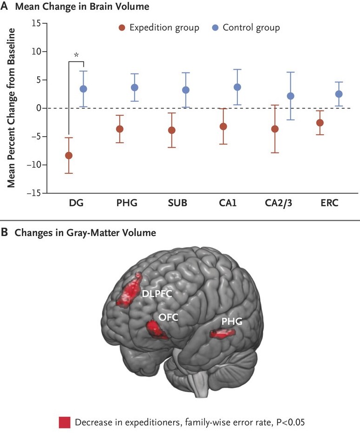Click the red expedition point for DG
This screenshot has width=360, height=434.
(x=69, y=155)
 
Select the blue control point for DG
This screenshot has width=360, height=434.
(x=83, y=89)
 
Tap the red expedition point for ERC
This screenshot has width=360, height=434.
(x=320, y=123)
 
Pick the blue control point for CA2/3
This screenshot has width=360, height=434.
(x=291, y=96)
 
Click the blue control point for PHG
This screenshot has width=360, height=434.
(x=134, y=87)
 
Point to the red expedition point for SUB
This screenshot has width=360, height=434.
(x=172, y=130)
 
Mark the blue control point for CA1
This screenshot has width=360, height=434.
(x=237, y=87)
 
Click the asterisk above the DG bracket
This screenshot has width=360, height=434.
(x=76, y=55)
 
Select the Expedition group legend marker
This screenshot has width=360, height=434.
(x=122, y=28)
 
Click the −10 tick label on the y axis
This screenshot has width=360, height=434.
(x=33, y=165)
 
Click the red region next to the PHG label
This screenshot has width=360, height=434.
(x=221, y=333)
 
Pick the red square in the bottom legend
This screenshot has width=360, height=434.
(x=65, y=422)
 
